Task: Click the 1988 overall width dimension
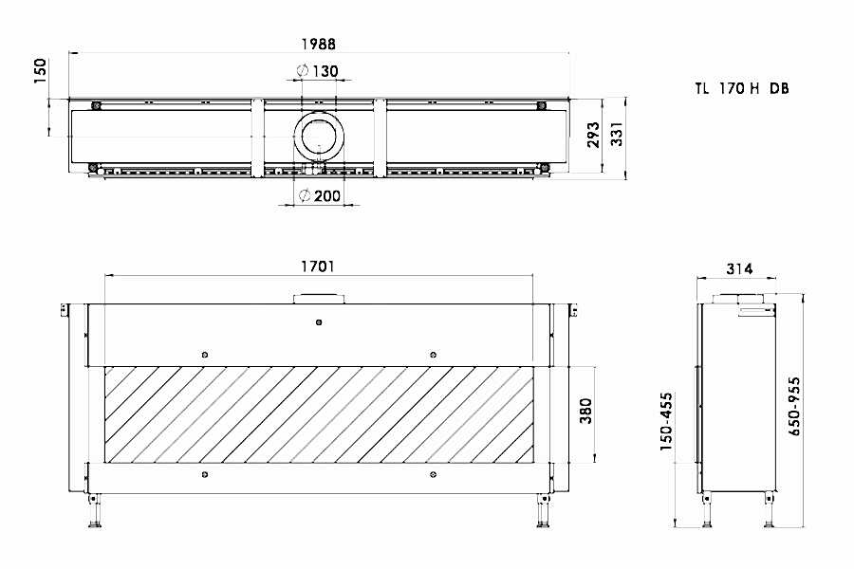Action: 319,44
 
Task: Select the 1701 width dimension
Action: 318,266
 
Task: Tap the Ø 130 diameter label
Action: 318,71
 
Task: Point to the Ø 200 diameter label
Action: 321,195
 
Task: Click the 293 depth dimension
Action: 593,135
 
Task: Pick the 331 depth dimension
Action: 616,134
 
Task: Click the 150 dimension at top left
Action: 40,71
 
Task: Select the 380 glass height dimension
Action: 585,411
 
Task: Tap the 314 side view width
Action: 739,268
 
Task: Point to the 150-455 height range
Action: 666,421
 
